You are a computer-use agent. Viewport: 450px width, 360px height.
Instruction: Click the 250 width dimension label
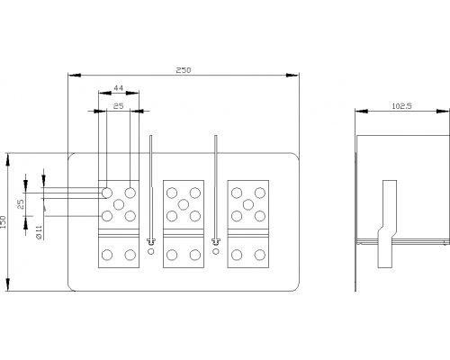[x=184, y=70]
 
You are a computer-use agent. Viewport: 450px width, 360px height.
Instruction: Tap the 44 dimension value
[x=118, y=88]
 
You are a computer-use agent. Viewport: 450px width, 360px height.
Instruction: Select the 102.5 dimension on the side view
[x=402, y=106]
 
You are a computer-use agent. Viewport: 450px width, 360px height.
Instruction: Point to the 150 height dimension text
[x=4, y=222]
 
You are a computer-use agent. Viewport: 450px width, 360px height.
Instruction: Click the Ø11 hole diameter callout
[x=39, y=233]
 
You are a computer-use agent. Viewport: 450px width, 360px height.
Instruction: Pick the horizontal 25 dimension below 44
[x=118, y=106]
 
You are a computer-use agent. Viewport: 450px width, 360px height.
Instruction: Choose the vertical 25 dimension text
[x=21, y=204]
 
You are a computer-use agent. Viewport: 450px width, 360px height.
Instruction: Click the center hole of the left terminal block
[x=119, y=204]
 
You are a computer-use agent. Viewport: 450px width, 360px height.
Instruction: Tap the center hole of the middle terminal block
[x=184, y=205]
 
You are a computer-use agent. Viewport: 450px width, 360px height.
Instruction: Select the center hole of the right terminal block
[x=248, y=204]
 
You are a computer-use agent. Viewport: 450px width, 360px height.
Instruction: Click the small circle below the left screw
[x=151, y=251]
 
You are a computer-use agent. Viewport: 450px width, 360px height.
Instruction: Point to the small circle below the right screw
[x=216, y=251]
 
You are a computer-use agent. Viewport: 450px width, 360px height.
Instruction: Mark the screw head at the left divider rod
[x=151, y=240]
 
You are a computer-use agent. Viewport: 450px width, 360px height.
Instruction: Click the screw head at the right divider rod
[x=216, y=240]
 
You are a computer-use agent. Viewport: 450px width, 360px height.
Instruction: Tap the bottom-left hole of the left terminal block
[x=107, y=255]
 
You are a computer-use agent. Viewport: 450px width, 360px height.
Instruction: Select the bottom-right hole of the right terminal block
[x=260, y=255]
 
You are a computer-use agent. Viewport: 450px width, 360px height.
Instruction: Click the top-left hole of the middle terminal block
[x=172, y=193]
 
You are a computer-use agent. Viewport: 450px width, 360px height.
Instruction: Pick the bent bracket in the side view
[x=387, y=224]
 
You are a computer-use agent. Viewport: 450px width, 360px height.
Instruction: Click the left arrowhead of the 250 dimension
[x=75, y=75]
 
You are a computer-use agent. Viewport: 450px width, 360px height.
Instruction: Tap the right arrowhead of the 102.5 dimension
[x=443, y=112]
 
